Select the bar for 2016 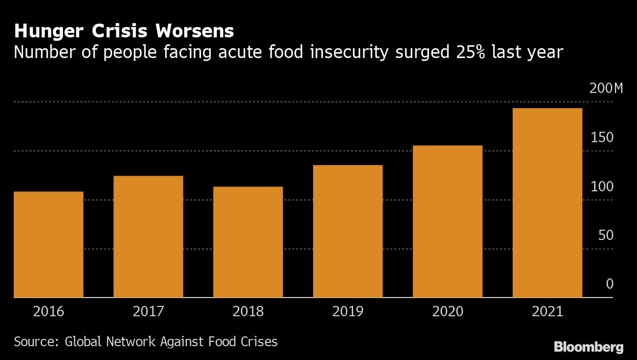pos(48,244)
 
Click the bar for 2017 pos(148,237)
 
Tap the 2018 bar pos(248,242)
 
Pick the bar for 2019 pos(347,231)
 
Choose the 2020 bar pos(447,221)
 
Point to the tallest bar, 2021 pos(547,203)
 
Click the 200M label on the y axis pos(606,89)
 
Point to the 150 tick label pos(602,138)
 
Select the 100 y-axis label pos(602,187)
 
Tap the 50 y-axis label pos(606,236)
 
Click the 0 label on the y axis pos(609,284)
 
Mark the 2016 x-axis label pos(48,312)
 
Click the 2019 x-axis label pos(347,312)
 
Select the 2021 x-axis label pos(547,312)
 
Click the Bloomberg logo pos(588,347)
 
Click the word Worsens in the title pos(194,31)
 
